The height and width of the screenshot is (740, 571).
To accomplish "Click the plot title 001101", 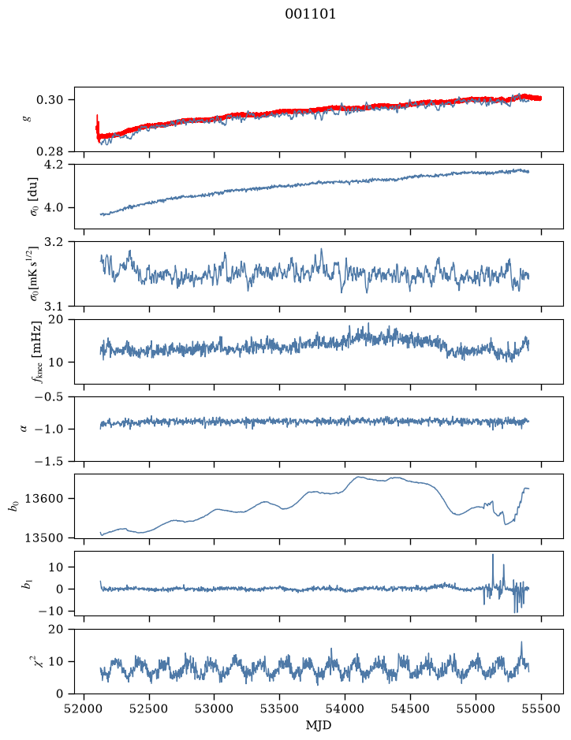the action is (310, 14).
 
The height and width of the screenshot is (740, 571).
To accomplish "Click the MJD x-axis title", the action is (319, 725).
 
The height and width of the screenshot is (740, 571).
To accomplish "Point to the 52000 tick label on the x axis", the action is (84, 708).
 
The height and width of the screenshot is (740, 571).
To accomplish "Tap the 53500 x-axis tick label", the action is (280, 708).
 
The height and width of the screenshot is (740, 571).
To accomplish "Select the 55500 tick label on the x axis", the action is (541, 708).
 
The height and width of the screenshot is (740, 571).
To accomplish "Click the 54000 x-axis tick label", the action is (345, 708).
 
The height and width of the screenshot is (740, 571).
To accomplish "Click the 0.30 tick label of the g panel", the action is (50, 100).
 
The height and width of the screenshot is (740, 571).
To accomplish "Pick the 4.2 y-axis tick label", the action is (53, 165).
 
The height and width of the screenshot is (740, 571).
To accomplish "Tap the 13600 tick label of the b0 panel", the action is (43, 499).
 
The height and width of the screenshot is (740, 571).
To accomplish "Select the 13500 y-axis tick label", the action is (43, 538).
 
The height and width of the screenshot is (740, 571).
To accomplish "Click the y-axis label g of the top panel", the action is (28, 119).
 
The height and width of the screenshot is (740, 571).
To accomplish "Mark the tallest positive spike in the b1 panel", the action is (493, 555).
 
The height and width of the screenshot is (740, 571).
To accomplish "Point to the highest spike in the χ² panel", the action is (521, 642).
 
